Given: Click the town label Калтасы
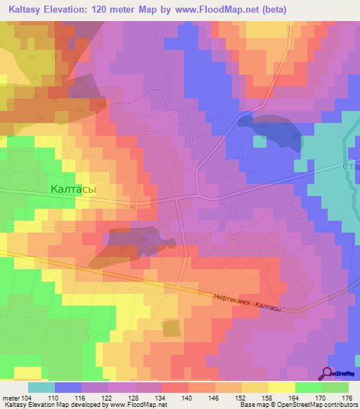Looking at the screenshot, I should [x=73, y=189].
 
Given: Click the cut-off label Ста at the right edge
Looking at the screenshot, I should [x=350, y=167].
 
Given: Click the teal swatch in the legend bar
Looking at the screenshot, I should [x=41, y=387].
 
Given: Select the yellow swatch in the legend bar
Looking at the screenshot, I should [x=282, y=387].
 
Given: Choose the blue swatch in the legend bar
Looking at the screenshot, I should [x=68, y=387].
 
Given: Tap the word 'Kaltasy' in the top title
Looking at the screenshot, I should [x=30, y=9].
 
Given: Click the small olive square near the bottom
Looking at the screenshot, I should [x=171, y=327].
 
